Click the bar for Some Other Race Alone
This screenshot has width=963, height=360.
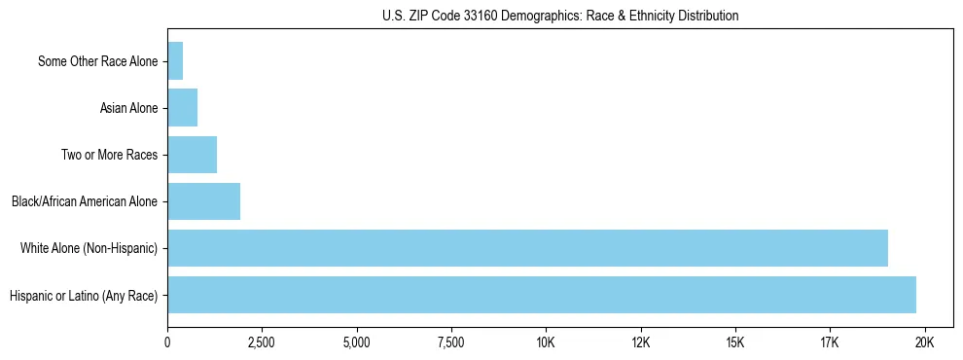coord(175,61)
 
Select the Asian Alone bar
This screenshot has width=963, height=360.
coord(183,108)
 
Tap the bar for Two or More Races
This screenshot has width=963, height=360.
coord(193,155)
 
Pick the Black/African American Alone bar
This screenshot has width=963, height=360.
coord(204,201)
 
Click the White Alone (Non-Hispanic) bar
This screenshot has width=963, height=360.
coord(527,248)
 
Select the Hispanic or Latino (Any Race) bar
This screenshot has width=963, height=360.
coord(542,295)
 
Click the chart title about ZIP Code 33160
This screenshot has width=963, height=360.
coord(560,16)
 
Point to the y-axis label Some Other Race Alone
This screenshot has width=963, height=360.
coord(97,61)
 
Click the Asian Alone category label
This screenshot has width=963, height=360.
coord(128,108)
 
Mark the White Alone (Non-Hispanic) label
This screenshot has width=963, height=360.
coord(89,248)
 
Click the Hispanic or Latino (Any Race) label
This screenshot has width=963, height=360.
coord(83,295)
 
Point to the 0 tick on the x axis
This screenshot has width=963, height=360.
coord(167,342)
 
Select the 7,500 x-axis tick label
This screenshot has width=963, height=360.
coord(451,342)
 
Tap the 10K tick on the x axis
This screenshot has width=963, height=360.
coord(546,342)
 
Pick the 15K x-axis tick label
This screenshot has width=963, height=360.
coord(735,342)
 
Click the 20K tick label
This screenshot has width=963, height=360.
coord(924,342)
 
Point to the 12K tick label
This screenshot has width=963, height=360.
coord(641,342)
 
